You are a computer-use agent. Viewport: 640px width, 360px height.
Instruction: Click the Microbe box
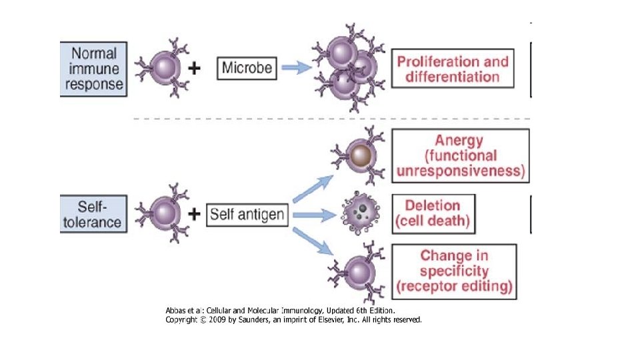[247, 67]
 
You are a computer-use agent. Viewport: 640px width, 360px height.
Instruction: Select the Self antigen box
[247, 215]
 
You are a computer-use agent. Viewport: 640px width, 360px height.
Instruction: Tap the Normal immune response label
[93, 69]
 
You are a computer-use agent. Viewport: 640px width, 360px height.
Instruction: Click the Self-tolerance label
[93, 214]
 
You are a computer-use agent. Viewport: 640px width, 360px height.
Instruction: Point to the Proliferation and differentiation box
[453, 69]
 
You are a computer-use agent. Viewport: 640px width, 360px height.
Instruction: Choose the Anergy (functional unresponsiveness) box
[461, 156]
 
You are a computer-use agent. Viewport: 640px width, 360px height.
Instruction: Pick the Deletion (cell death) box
[433, 213]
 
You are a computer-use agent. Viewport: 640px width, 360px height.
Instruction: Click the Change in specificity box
[454, 271]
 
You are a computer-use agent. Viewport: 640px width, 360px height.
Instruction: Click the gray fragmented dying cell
[359, 213]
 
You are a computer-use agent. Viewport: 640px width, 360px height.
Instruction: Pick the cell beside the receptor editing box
[359, 272]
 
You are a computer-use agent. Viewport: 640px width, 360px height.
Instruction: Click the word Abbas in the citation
[177, 311]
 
